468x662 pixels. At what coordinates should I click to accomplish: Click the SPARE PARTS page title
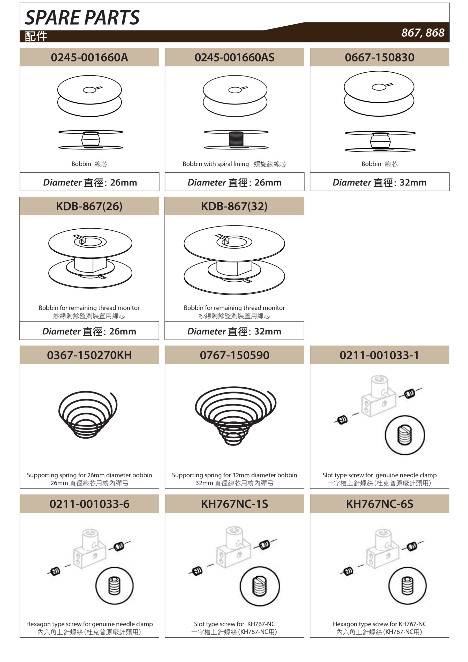tap(82, 17)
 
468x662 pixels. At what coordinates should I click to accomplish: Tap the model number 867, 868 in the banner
tap(423, 33)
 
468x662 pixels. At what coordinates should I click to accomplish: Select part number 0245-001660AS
tap(235, 57)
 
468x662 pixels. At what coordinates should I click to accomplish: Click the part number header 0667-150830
tap(380, 57)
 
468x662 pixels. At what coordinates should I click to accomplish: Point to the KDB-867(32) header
tap(234, 206)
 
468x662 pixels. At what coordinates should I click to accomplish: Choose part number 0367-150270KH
tap(89, 355)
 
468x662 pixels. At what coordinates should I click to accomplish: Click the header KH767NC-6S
tap(380, 504)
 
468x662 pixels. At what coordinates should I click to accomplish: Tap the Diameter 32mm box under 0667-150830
tap(380, 182)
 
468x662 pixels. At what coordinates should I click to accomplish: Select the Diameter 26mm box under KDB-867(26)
tap(89, 331)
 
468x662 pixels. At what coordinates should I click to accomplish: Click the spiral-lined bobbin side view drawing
tap(236, 140)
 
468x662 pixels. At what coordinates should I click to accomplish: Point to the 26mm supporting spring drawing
tap(88, 415)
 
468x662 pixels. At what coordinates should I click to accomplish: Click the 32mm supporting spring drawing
tap(235, 416)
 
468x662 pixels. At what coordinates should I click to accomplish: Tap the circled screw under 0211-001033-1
tap(405, 435)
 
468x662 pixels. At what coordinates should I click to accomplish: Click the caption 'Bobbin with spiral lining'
tap(216, 164)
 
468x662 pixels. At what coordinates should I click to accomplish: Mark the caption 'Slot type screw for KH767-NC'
tap(235, 624)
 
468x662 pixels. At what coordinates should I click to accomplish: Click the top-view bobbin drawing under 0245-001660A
tap(89, 96)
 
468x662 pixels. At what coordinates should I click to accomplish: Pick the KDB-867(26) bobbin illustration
tap(90, 258)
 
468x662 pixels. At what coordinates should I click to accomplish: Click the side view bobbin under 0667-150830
tap(380, 141)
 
